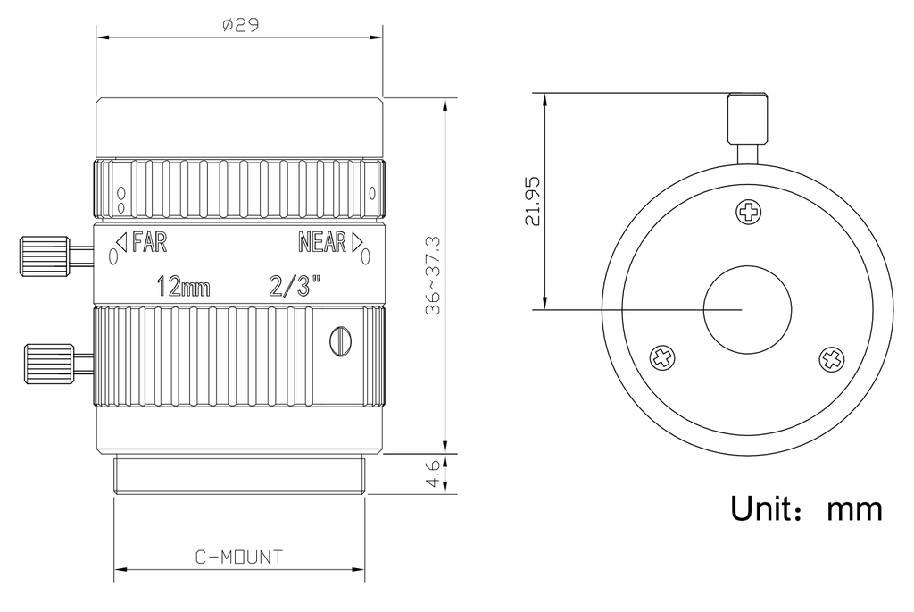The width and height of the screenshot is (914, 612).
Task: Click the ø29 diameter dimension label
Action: (x=240, y=24)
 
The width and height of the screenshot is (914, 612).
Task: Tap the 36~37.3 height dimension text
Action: (x=434, y=276)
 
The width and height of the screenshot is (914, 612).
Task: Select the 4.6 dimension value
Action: (x=434, y=474)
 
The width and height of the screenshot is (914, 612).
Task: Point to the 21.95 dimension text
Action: (x=533, y=201)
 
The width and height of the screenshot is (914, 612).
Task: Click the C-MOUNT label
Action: (x=239, y=558)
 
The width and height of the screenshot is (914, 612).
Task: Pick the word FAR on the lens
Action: (x=150, y=241)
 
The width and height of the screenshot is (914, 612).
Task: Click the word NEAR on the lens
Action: (x=322, y=241)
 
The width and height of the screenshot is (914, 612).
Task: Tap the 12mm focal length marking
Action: (x=184, y=287)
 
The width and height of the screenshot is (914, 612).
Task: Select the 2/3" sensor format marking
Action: (x=295, y=287)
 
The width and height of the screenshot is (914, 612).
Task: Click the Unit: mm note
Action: (x=806, y=508)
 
